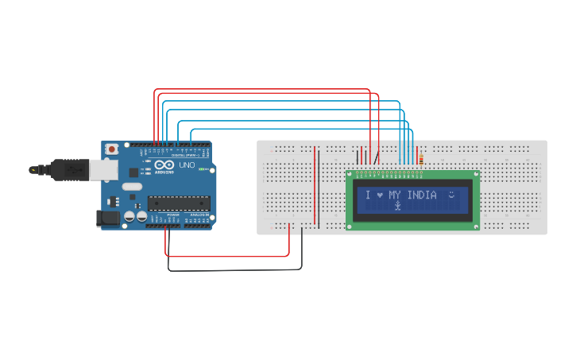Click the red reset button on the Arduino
pyautogui.click(x=113, y=149)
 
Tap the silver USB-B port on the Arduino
pyautogui.click(x=101, y=169)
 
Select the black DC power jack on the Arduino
pyautogui.click(x=106, y=218)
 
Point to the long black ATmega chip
pyautogui.click(x=179, y=203)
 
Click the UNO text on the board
pyautogui.click(x=187, y=165)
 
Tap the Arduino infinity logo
pyautogui.click(x=164, y=165)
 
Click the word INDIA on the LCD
pyautogui.click(x=423, y=195)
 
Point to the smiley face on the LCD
pyautogui.click(x=452, y=194)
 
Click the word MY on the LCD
pyautogui.click(x=395, y=195)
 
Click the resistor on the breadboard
pyautogui.click(x=419, y=160)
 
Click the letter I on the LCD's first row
pyautogui.click(x=368, y=195)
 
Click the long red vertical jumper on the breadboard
pyautogui.click(x=315, y=185)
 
